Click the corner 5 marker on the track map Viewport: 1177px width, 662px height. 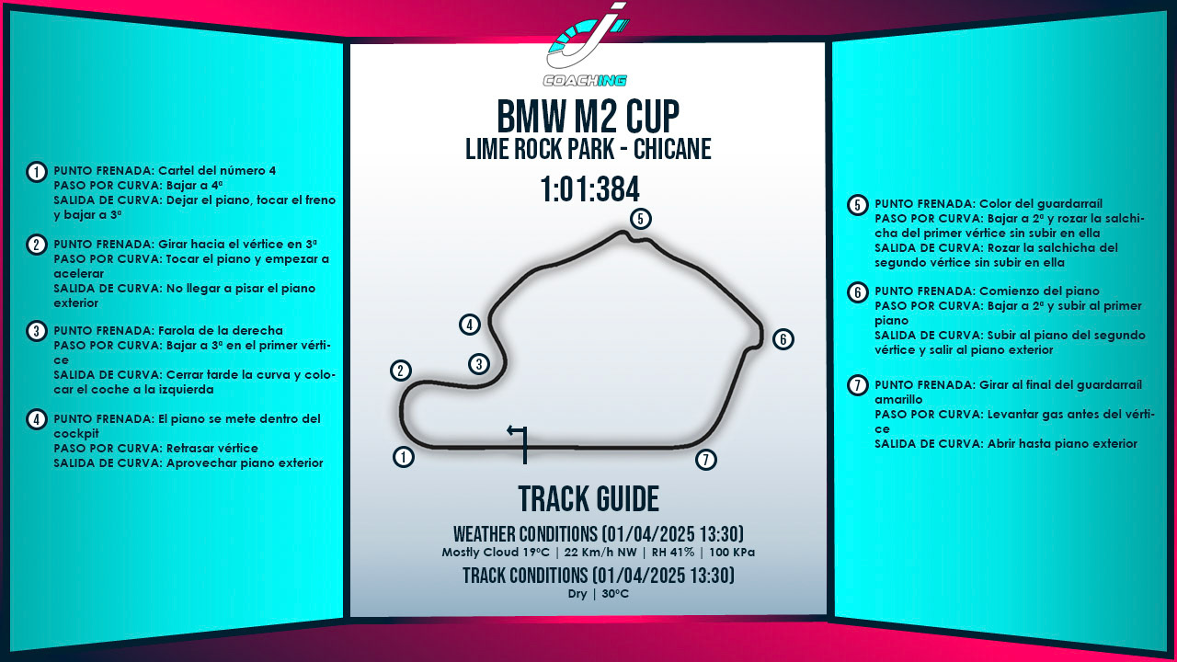click(x=641, y=219)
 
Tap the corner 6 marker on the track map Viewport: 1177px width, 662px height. click(x=783, y=339)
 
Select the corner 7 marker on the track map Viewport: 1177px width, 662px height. click(x=705, y=460)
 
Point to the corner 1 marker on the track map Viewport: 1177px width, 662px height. click(x=403, y=457)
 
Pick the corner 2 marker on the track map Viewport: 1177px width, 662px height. click(x=400, y=371)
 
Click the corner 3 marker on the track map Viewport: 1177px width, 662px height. click(x=478, y=364)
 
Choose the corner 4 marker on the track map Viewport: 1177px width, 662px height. click(x=470, y=325)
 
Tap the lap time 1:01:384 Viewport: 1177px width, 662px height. click(x=589, y=189)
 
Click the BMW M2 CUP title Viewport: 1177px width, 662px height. click(x=588, y=117)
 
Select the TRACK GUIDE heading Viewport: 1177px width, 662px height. click(x=588, y=499)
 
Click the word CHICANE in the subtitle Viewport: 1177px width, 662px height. click(x=665, y=149)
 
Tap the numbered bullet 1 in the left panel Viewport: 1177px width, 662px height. click(x=36, y=172)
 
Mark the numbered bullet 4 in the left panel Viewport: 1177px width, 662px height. click(x=36, y=420)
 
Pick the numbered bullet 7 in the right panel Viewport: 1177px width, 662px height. click(x=857, y=385)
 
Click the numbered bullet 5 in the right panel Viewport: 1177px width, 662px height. click(x=857, y=205)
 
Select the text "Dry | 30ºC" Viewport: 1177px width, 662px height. click(x=598, y=594)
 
